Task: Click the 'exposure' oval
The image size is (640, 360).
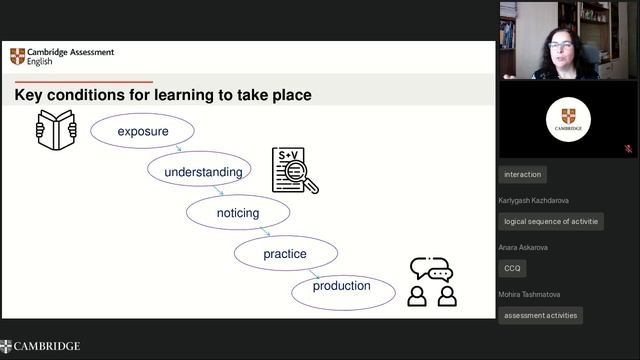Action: tap(142, 131)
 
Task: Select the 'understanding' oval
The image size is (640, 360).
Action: tap(203, 171)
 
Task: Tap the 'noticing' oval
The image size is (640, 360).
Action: tap(238, 212)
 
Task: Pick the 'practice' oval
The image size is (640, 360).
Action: tap(284, 253)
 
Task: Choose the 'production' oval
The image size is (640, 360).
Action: tap(342, 286)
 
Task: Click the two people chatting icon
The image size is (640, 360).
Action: tap(432, 282)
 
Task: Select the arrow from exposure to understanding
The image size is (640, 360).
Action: tap(178, 149)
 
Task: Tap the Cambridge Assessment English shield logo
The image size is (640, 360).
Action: tap(18, 56)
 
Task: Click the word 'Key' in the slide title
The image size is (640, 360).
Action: tap(32, 96)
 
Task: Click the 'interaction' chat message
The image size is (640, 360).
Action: tap(522, 174)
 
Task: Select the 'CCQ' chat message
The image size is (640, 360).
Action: tap(512, 268)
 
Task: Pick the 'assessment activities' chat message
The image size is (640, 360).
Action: tap(541, 315)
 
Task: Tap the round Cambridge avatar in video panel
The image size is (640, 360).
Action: tap(568, 119)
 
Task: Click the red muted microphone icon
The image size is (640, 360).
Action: tap(628, 148)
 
